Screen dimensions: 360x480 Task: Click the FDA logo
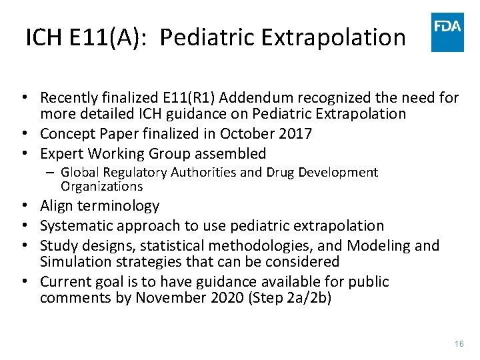pos(447,32)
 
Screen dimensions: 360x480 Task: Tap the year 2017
pos(293,133)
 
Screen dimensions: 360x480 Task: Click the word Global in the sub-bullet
pos(80,173)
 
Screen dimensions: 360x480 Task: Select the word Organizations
pos(101,186)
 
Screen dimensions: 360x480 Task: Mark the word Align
pos(57,205)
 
